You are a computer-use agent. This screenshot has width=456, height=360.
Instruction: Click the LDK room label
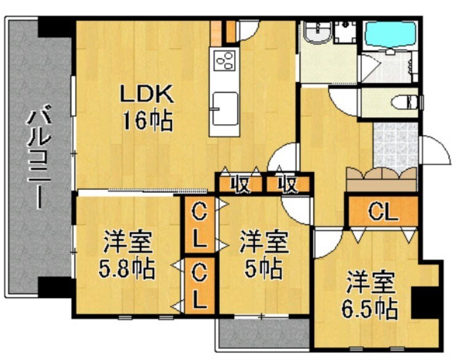click(x=147, y=95)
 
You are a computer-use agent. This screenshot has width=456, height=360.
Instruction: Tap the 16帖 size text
click(x=147, y=120)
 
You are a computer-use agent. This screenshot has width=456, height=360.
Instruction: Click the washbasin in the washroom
click(x=316, y=33)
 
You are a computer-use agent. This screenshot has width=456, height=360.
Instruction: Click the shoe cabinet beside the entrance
click(x=381, y=179)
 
